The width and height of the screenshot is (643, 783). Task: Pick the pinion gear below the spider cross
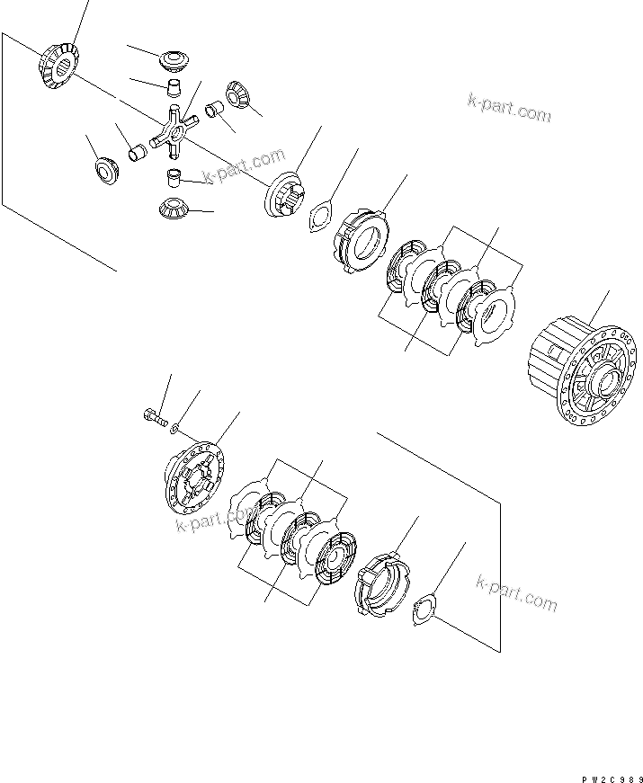click(x=174, y=208)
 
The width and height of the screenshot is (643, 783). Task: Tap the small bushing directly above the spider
click(x=171, y=87)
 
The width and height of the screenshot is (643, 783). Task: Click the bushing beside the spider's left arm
click(x=138, y=153)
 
